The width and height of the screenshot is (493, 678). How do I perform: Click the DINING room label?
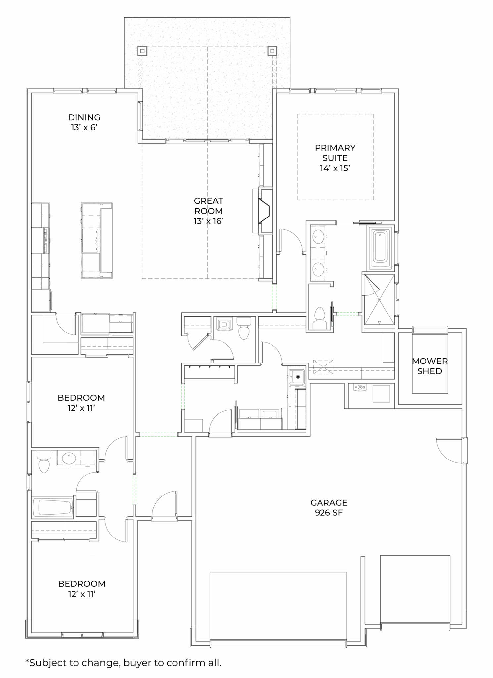click(x=84, y=122)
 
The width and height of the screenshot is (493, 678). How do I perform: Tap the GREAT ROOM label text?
click(x=208, y=211)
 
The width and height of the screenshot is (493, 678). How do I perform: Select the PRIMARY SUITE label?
click(x=335, y=158)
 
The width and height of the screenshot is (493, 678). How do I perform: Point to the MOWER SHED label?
click(x=430, y=366)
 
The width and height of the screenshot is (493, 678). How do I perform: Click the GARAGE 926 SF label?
click(x=329, y=508)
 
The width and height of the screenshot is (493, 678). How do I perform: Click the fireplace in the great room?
click(x=264, y=211)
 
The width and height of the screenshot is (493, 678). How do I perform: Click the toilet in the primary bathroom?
click(x=320, y=318)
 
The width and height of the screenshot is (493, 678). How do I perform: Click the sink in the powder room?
click(x=225, y=324)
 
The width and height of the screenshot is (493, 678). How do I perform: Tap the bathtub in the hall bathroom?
click(x=53, y=508)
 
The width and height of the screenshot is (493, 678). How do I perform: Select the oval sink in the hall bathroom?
click(x=69, y=459)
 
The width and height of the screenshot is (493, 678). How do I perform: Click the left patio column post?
click(x=142, y=51)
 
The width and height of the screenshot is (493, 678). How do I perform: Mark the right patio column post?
click(x=272, y=51)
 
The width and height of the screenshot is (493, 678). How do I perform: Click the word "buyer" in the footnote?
click(x=143, y=663)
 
